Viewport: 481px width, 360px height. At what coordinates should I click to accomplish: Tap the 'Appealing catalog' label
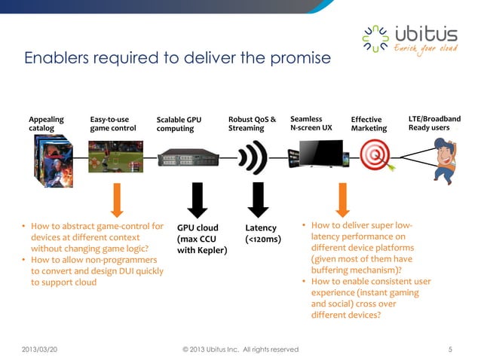[x=46, y=124]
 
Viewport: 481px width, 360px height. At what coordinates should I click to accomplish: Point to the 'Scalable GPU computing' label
[x=179, y=124]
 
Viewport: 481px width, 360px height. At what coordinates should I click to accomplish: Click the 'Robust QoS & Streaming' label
[x=252, y=124]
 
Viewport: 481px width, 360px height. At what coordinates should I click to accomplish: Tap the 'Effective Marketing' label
[x=369, y=124]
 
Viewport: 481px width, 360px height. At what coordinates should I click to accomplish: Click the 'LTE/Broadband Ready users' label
[x=434, y=124]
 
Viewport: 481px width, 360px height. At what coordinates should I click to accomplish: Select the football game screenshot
[x=115, y=158]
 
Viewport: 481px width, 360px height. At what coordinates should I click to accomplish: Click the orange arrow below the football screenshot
[x=117, y=199]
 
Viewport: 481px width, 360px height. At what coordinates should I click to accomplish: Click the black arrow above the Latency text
[x=256, y=199]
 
